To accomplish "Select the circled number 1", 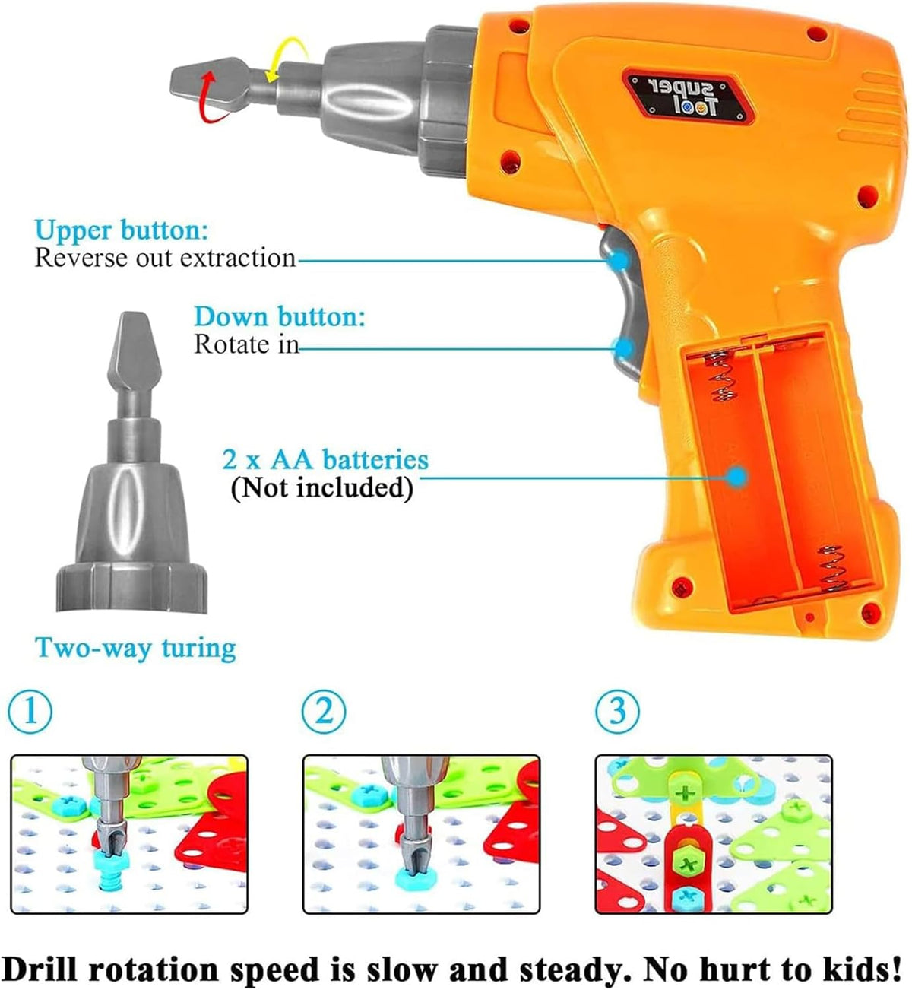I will click(x=30, y=712).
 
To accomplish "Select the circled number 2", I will click(x=324, y=712).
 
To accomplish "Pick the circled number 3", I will click(x=617, y=712).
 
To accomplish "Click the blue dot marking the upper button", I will click(x=621, y=260).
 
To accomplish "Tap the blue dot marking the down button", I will click(x=624, y=348).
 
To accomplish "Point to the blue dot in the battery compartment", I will click(x=736, y=478).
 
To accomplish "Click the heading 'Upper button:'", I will click(x=122, y=230).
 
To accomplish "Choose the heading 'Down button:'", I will click(x=279, y=316).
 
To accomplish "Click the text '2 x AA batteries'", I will click(x=325, y=459).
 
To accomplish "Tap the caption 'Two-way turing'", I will click(x=135, y=648).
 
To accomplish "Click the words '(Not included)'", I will click(x=321, y=487).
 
